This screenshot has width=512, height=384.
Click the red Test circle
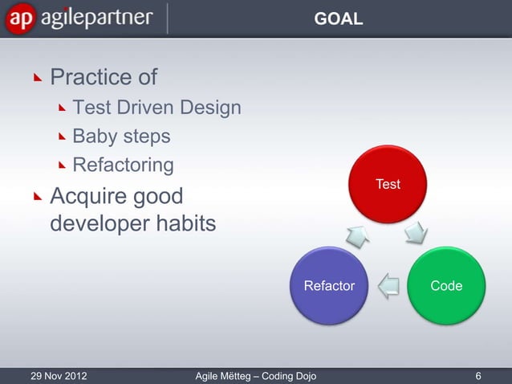(388, 185)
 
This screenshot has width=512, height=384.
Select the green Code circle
(445, 285)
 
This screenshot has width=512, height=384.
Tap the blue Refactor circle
(329, 285)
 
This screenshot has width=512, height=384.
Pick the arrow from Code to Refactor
(388, 284)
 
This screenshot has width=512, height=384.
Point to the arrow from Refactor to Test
(356, 235)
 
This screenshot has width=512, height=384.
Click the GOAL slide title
(338, 18)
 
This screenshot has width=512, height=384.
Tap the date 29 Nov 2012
(59, 375)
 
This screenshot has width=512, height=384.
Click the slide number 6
(478, 375)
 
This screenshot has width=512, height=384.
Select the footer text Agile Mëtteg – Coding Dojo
(256, 375)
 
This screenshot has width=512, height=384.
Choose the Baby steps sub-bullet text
(121, 137)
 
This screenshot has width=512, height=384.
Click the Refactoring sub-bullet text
(123, 165)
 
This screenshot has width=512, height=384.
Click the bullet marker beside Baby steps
(63, 137)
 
